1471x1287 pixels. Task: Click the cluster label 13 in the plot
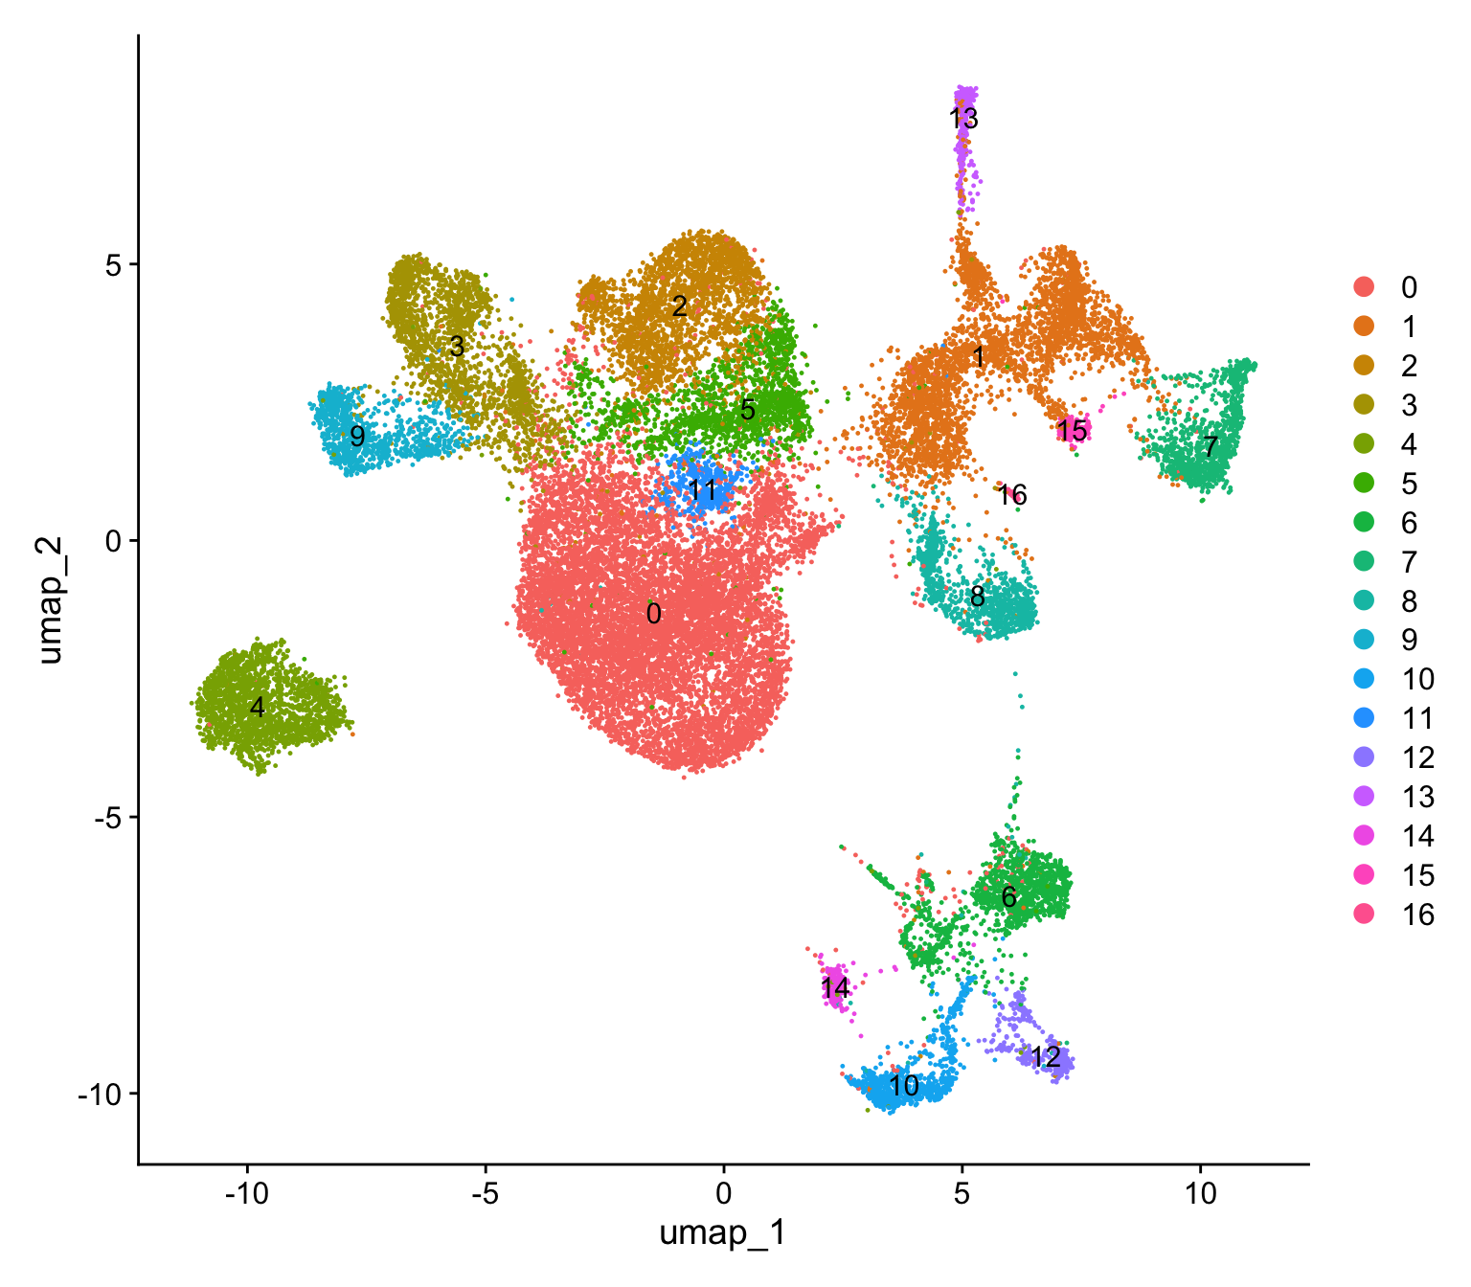click(963, 119)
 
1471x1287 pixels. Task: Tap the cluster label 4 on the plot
click(257, 708)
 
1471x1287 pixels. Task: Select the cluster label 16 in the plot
click(1012, 495)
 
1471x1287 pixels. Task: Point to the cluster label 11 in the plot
click(702, 491)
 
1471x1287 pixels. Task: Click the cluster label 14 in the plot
click(834, 987)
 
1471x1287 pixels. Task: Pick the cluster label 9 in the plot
click(357, 437)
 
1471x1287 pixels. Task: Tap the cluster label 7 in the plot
click(1211, 446)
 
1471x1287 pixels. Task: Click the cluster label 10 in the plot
click(903, 1086)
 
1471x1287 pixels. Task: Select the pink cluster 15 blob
click(1073, 431)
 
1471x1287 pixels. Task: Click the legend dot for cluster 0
click(1364, 287)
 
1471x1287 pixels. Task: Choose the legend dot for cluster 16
click(1364, 914)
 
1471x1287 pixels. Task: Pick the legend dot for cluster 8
click(1364, 601)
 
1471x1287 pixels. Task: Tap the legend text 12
click(1418, 758)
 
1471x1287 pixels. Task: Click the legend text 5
click(1409, 484)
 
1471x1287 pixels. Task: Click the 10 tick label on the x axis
click(1200, 1194)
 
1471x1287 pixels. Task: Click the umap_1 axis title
click(723, 1233)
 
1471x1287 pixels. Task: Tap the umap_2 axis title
click(50, 599)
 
